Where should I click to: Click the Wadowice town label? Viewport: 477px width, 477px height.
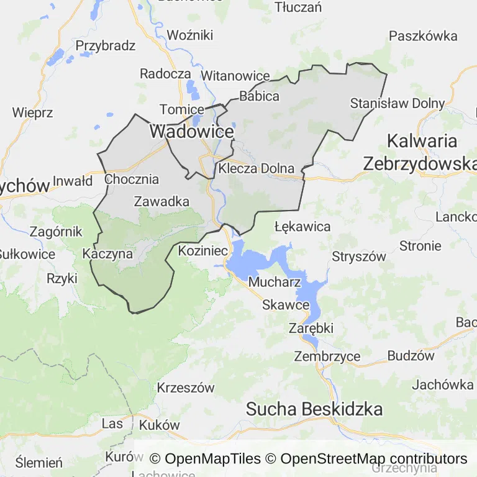(x=191, y=132)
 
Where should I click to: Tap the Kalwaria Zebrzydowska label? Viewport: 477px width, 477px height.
(x=419, y=152)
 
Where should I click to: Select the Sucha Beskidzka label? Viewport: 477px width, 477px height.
(x=314, y=409)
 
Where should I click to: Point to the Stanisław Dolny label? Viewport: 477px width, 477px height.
(x=397, y=103)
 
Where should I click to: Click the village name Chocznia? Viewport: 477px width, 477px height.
(x=132, y=179)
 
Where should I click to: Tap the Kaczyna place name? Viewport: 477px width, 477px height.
(x=107, y=254)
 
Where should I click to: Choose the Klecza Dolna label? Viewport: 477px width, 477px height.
(x=256, y=169)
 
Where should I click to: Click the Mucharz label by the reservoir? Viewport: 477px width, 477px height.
(x=274, y=282)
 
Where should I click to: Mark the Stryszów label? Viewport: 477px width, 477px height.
(x=359, y=257)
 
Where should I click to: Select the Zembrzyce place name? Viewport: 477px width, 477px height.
(x=327, y=357)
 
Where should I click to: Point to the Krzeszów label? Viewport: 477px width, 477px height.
(x=186, y=388)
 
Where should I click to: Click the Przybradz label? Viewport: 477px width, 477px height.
(x=105, y=46)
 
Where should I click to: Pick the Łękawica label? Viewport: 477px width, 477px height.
(x=302, y=227)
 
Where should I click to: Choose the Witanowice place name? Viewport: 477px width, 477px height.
(x=236, y=76)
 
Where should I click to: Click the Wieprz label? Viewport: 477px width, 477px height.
(x=32, y=113)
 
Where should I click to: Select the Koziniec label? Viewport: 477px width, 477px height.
(x=203, y=251)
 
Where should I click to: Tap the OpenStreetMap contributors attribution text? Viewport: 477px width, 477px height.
(x=373, y=459)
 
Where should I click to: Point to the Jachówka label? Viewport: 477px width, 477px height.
(x=442, y=384)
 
